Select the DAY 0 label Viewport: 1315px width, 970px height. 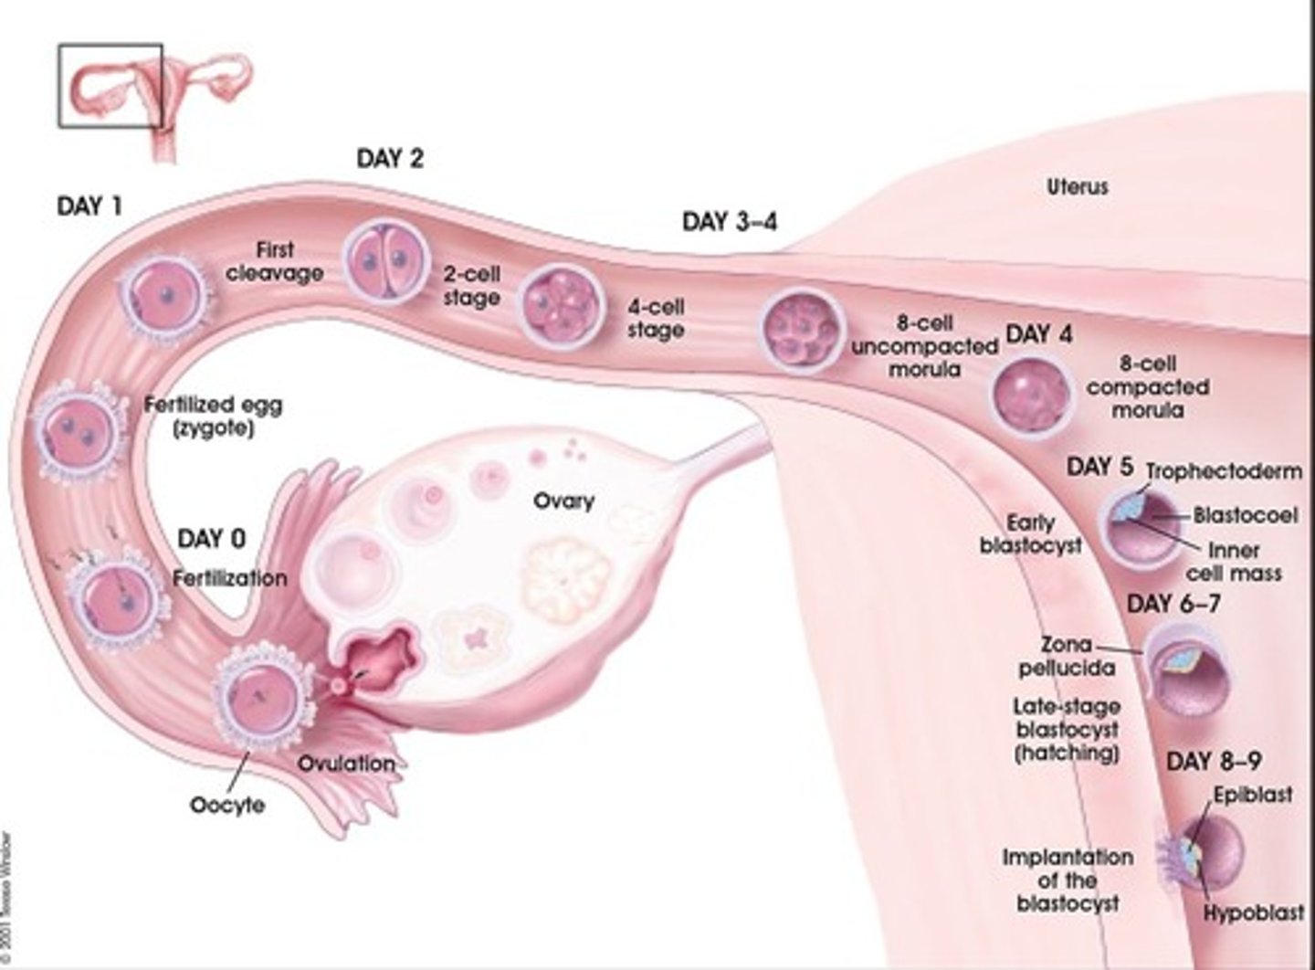211,538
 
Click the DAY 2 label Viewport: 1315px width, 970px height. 390,159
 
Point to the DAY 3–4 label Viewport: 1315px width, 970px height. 730,222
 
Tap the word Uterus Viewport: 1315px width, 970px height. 1078,187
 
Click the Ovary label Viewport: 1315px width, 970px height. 563,501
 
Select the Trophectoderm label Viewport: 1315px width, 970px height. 1224,471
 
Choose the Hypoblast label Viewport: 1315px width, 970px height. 1253,912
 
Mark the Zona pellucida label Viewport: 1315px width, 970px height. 1067,656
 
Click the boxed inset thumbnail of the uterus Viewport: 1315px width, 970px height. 110,85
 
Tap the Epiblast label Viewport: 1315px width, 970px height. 1252,795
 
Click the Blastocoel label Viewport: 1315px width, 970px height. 1246,515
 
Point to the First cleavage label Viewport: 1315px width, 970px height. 275,260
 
